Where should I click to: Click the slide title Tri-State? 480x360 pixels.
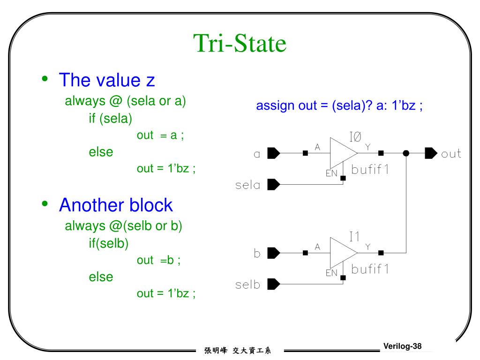pyautogui.click(x=240, y=44)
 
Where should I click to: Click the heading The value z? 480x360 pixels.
pyautogui.click(x=106, y=80)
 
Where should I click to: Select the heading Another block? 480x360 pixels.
pyautogui.click(x=116, y=205)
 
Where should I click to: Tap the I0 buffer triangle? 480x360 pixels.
pyautogui.click(x=343, y=153)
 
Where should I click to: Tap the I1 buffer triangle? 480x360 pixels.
pyautogui.click(x=343, y=253)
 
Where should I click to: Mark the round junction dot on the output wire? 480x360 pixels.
pyautogui.click(x=406, y=153)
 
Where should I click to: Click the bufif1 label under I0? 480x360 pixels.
pyautogui.click(x=370, y=170)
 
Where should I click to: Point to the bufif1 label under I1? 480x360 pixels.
pyautogui.click(x=370, y=270)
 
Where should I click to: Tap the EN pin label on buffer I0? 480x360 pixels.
pyautogui.click(x=332, y=173)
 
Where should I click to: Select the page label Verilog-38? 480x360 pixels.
pyautogui.click(x=402, y=346)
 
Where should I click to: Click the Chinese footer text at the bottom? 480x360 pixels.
pyautogui.click(x=238, y=350)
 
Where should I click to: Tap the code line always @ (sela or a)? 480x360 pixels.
pyautogui.click(x=126, y=101)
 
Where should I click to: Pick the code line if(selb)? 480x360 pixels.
pyautogui.click(x=108, y=243)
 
